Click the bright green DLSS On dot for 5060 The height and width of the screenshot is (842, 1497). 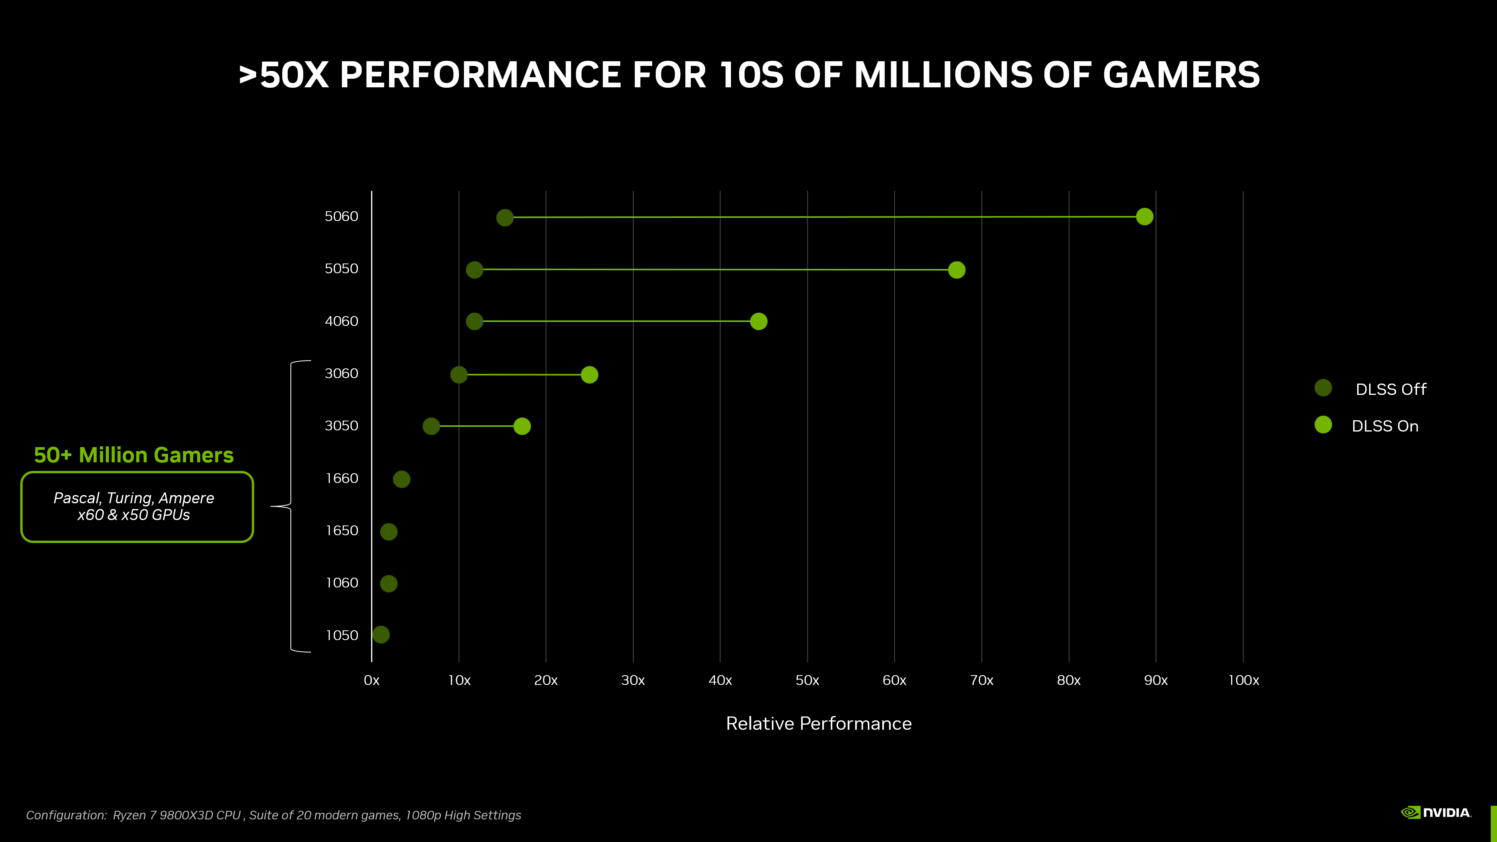point(1144,217)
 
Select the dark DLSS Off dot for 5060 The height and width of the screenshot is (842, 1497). point(504,218)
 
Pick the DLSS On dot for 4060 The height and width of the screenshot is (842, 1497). point(758,321)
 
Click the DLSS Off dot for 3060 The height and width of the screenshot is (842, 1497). point(458,375)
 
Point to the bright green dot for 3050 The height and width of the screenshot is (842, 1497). point(522,426)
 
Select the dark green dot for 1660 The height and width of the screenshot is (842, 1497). point(402,479)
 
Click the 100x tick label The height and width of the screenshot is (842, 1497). point(1243,681)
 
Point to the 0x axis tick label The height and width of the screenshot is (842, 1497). point(372,681)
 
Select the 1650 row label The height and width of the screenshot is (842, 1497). point(342,531)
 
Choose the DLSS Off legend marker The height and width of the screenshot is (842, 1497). point(1323,388)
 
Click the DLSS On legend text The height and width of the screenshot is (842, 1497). point(1385,426)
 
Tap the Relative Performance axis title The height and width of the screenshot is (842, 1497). point(818,723)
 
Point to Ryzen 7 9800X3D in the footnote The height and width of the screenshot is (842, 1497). point(177,815)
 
